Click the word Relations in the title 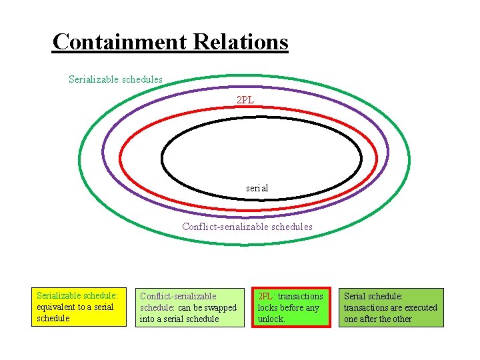coord(241,42)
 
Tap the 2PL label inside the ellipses coord(245,100)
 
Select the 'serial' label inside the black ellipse coord(257,188)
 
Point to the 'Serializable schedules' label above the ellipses coord(115,79)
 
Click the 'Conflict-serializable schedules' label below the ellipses coord(247,227)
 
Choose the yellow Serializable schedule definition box coord(79,307)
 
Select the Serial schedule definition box coord(392,307)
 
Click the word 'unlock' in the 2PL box coord(271,319)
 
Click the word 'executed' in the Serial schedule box coord(421,308)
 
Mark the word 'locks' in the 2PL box coord(269,308)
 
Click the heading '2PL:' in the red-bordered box coord(267,296)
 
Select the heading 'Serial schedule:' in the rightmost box coord(373,296)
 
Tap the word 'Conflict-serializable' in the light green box coord(178,296)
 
